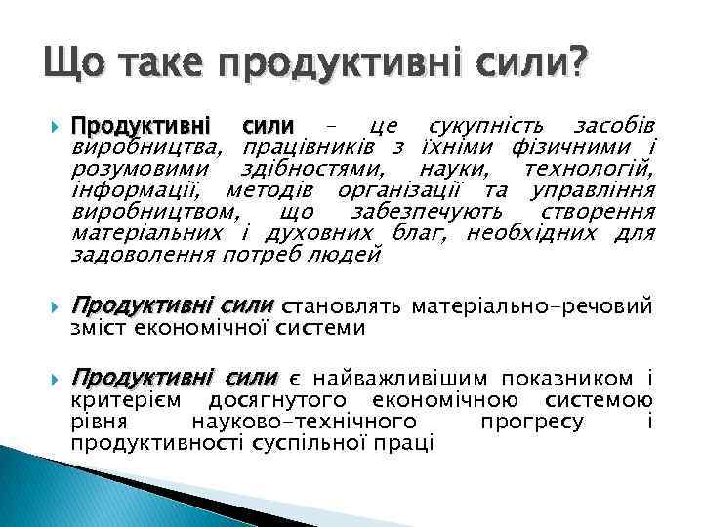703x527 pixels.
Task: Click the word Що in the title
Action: pyautogui.click(x=67, y=65)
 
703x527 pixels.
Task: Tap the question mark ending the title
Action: pyautogui.click(x=579, y=65)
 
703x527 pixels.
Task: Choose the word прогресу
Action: pyautogui.click(x=532, y=422)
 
